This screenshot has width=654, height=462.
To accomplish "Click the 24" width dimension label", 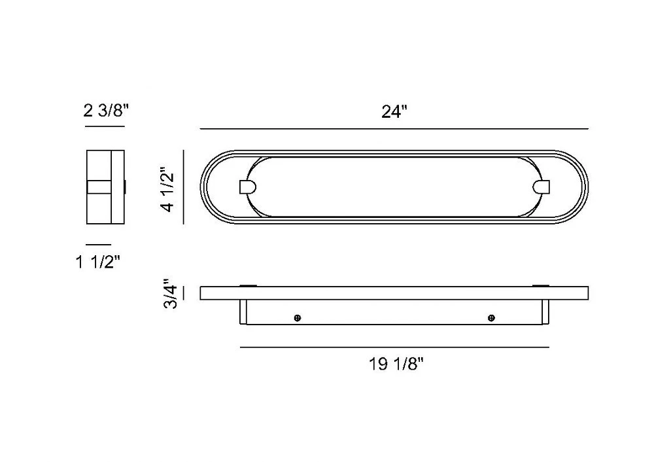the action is coord(394,111).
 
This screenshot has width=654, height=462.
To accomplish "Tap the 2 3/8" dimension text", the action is coord(107,111).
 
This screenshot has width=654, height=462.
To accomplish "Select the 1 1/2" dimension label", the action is coord(98,262).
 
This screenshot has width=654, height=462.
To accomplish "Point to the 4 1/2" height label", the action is coord(168,190).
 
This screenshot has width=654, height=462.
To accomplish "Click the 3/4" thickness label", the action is coord(170,293).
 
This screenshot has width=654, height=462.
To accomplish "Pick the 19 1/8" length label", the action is coord(396,364).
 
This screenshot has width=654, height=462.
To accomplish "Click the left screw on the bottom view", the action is coord(298,318).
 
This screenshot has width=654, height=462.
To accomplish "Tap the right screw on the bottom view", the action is coord(491,318).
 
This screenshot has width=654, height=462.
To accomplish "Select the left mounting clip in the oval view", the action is coord(247,187).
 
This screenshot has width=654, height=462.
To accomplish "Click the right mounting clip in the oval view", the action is coord(542,187).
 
